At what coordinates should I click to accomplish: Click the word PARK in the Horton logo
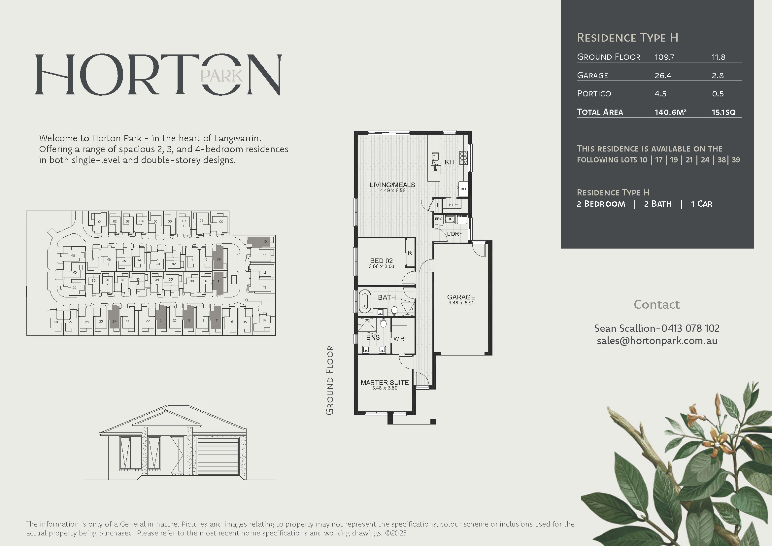click(221, 76)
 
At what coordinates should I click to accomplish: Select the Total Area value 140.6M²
click(670, 112)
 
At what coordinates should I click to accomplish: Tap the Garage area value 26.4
click(663, 76)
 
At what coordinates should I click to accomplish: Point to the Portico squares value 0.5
click(718, 94)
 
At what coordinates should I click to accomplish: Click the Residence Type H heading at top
click(627, 37)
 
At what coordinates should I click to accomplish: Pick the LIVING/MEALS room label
click(392, 185)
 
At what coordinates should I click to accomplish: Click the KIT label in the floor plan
click(450, 162)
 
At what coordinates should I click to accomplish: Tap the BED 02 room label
click(381, 260)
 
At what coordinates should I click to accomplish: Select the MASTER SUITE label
click(385, 383)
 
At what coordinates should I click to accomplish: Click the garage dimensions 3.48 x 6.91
click(461, 303)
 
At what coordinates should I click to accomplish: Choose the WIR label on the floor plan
click(399, 339)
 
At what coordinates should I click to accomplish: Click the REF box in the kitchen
click(464, 189)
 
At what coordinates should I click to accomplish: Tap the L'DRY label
click(454, 234)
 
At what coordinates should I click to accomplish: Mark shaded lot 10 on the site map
click(261, 242)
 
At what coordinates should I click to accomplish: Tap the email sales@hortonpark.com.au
click(657, 341)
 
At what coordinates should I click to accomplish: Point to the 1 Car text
click(701, 204)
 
